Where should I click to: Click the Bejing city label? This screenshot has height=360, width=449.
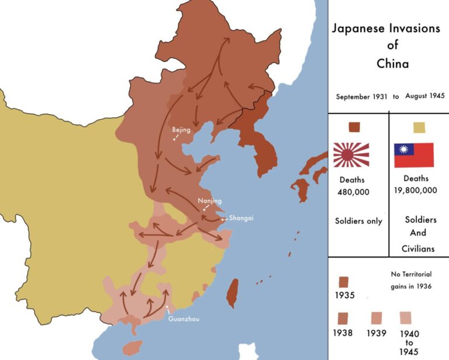(x=181, y=130)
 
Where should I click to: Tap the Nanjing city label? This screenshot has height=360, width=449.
(x=209, y=200)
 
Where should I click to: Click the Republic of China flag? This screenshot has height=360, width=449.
(x=414, y=155)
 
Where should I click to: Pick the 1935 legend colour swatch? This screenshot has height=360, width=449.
(x=344, y=282)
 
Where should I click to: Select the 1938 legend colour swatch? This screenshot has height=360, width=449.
(x=344, y=318)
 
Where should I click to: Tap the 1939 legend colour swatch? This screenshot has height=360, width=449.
(x=377, y=318)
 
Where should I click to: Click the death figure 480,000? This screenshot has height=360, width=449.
(x=353, y=192)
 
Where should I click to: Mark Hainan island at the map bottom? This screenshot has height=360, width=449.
(x=133, y=348)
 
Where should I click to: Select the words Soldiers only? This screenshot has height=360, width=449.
(x=358, y=221)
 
